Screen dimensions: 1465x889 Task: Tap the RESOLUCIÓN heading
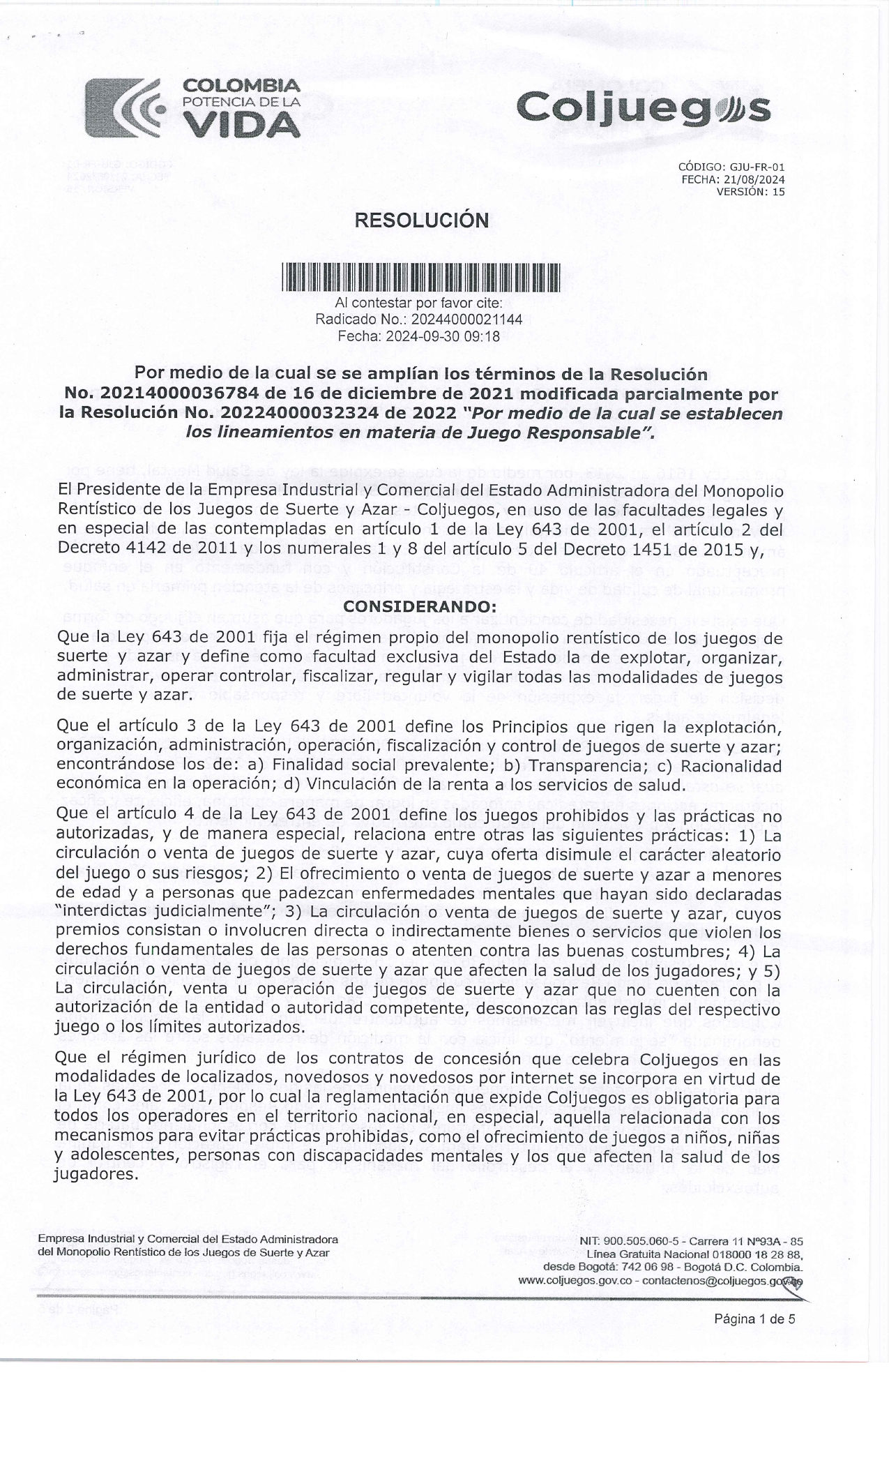point(422,220)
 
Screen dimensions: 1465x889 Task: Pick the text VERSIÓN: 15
point(750,192)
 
